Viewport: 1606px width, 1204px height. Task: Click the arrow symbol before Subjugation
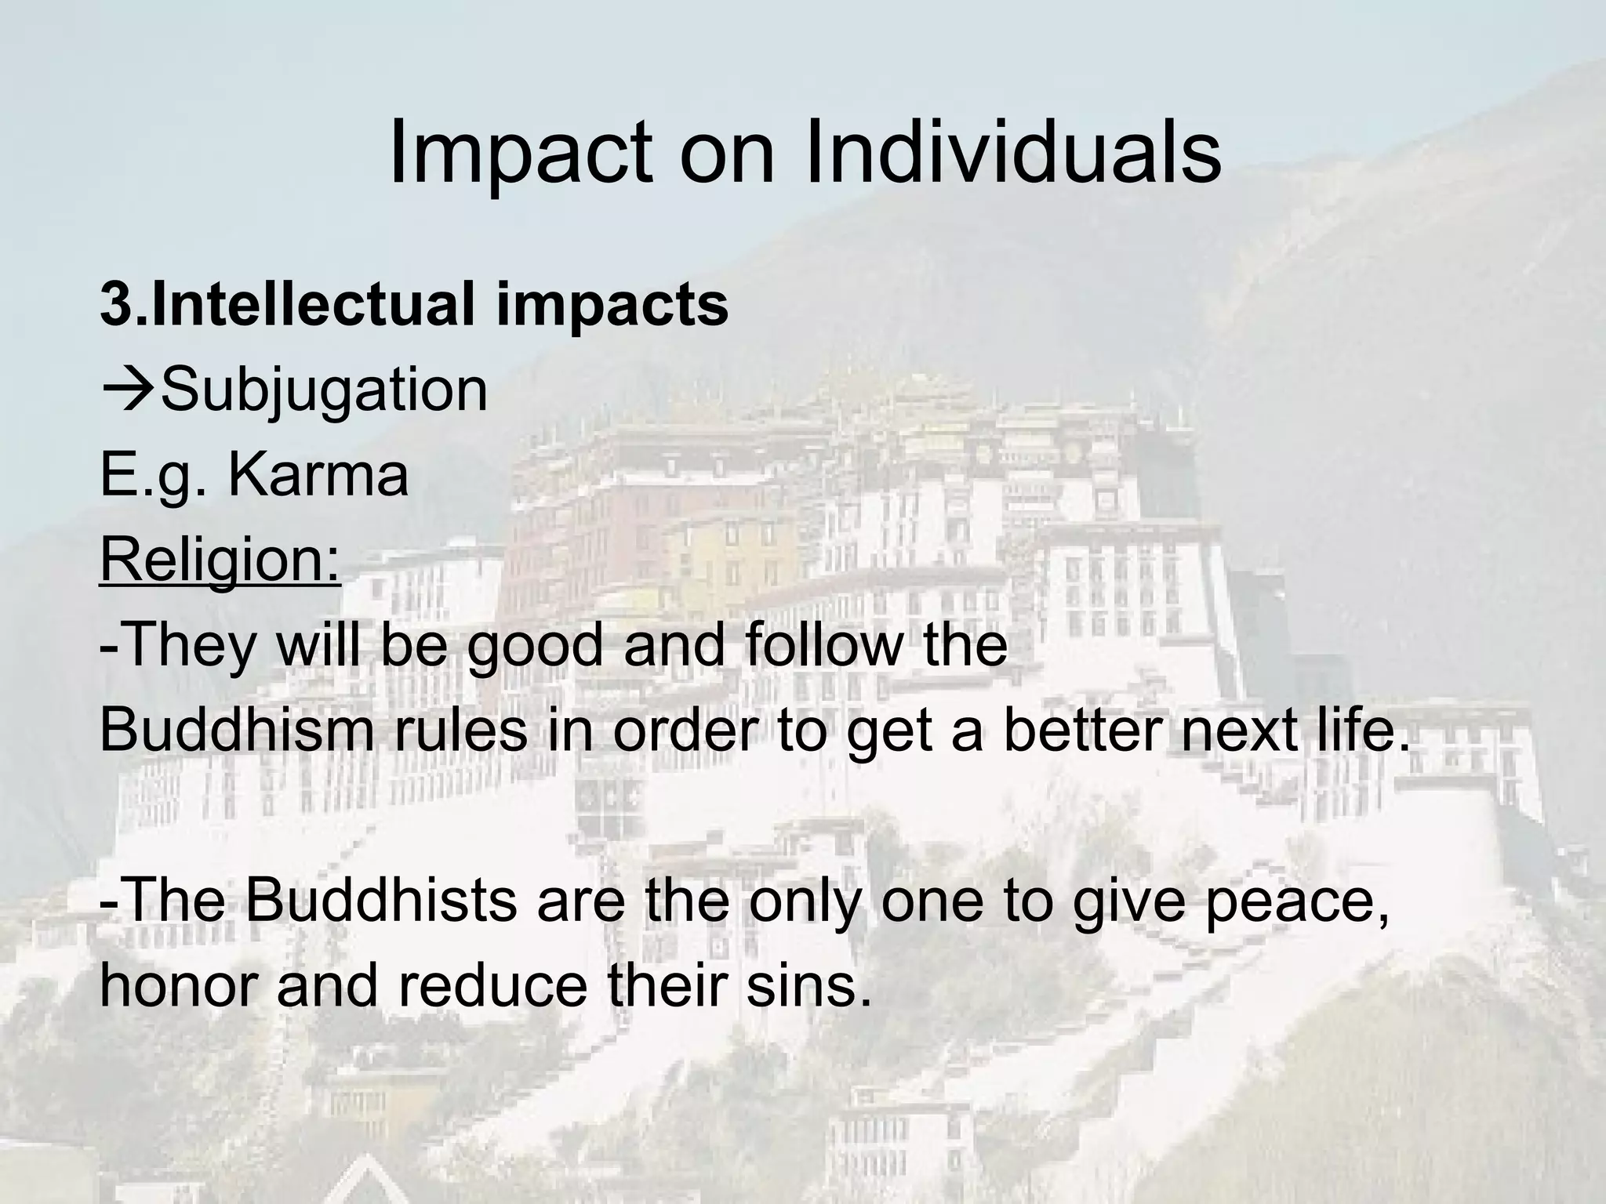(x=128, y=390)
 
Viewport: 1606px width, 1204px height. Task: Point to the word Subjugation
(x=324, y=390)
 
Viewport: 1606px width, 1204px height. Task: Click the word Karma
(x=318, y=475)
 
